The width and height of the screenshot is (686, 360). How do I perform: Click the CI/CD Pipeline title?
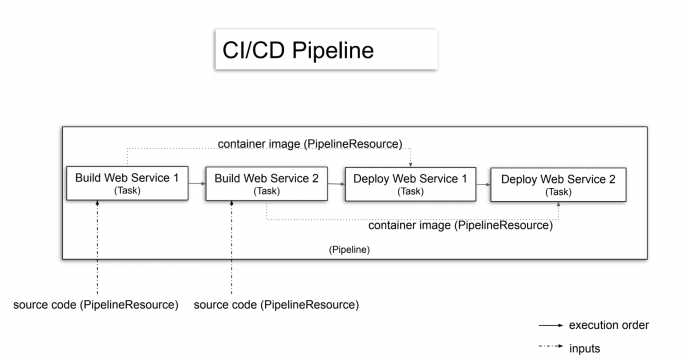click(x=297, y=50)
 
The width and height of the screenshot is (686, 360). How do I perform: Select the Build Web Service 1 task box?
click(x=127, y=183)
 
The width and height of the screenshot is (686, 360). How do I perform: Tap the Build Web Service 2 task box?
click(x=266, y=183)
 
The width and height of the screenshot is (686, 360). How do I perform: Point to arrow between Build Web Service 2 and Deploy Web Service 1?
click(x=336, y=183)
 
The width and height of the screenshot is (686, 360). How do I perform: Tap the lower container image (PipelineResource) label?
click(x=454, y=226)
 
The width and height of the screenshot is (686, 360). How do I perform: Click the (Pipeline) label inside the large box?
click(x=349, y=248)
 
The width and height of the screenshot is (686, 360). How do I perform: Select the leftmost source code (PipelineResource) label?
click(x=96, y=304)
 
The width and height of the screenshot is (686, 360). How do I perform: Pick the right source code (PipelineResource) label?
click(x=276, y=304)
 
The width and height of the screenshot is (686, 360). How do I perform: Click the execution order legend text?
click(x=609, y=325)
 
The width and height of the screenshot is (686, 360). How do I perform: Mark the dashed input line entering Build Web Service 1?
click(x=97, y=250)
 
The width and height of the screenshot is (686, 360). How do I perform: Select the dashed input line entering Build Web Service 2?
click(x=232, y=250)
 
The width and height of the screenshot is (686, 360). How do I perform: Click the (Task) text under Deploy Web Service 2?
click(x=558, y=192)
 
